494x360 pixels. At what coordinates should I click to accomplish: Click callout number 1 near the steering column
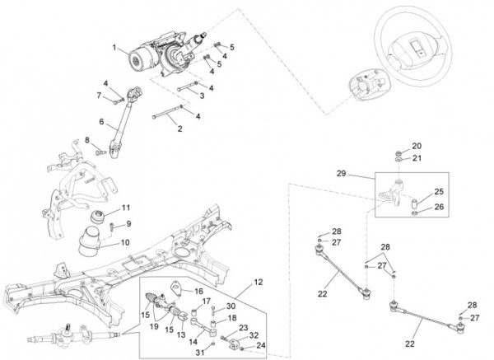(x=116, y=47)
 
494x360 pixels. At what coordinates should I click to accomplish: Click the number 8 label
(x=86, y=141)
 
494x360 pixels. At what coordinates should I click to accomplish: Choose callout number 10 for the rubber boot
(x=126, y=242)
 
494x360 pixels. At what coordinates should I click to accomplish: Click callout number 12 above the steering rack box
(x=258, y=283)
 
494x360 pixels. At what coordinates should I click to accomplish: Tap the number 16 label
(x=198, y=290)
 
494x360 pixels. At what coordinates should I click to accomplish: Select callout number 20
(x=416, y=145)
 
